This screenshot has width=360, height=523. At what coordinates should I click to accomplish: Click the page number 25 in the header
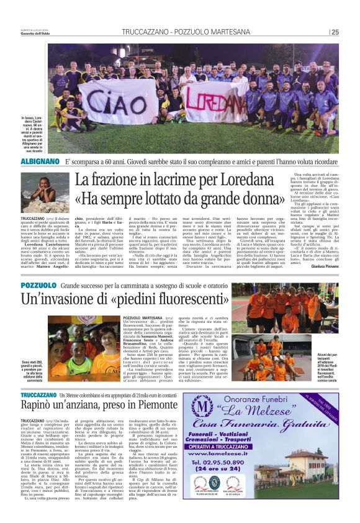(335, 32)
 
